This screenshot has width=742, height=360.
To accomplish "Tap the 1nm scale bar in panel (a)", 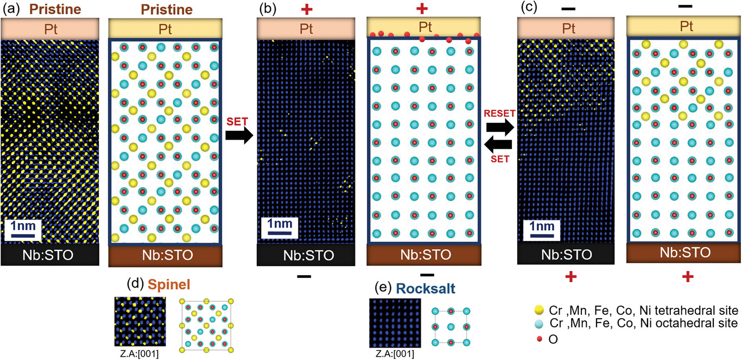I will tap(22, 228).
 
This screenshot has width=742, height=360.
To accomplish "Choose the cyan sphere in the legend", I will tap(539, 324).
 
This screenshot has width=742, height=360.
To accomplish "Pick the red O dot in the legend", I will tap(539, 338).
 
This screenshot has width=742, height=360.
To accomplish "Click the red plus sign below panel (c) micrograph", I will tap(570, 277).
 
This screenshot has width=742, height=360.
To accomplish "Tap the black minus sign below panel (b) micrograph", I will tap(305, 276).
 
